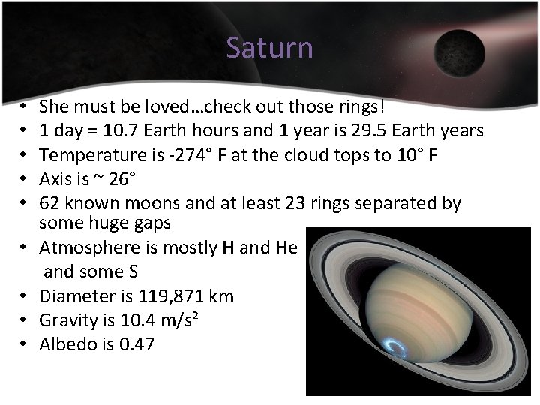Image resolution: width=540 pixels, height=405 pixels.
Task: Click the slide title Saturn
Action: [x=269, y=48]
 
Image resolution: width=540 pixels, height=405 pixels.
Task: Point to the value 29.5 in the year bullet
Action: [x=367, y=131]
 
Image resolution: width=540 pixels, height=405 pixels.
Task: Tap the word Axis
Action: [x=57, y=179]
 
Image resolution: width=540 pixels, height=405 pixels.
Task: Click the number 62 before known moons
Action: [x=50, y=203]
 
